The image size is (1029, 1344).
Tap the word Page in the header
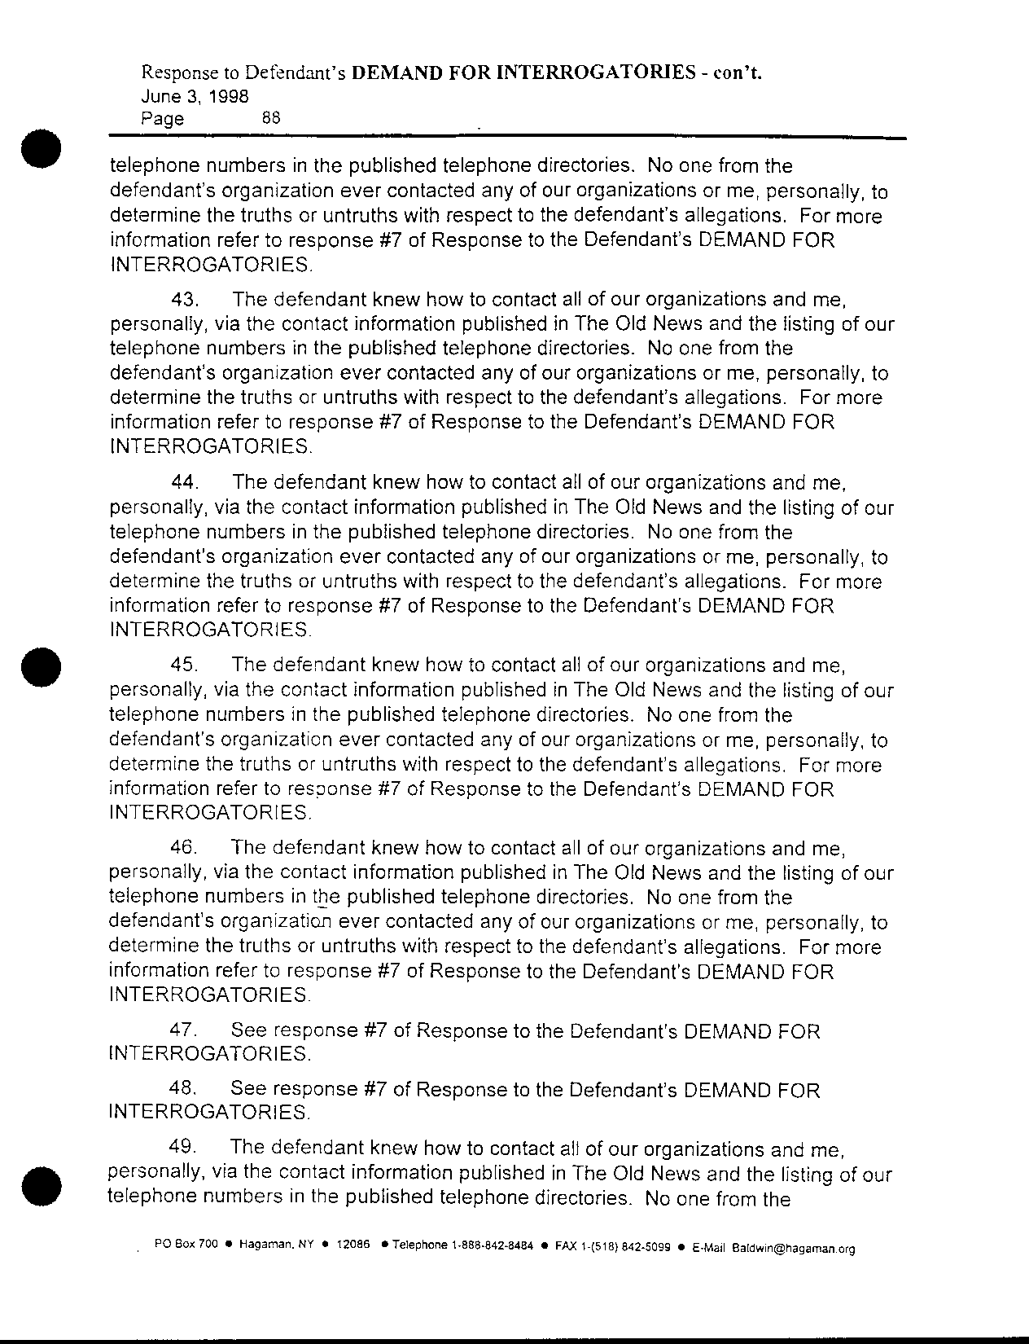pyautogui.click(x=162, y=119)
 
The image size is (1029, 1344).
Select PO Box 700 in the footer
pyautogui.click(x=186, y=1245)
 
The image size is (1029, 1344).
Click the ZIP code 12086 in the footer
pyautogui.click(x=353, y=1245)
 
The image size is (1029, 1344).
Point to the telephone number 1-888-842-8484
pyautogui.click(x=493, y=1246)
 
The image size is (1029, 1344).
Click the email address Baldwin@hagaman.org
pyautogui.click(x=793, y=1248)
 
